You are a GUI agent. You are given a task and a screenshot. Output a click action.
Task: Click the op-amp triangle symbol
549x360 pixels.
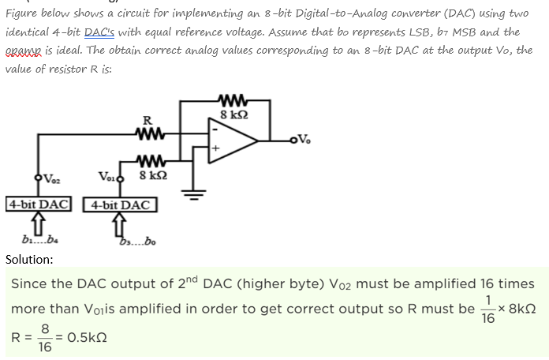230,143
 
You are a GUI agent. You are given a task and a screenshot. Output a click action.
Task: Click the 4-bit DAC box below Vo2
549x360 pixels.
39,203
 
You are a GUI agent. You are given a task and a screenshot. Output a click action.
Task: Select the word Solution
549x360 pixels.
29,259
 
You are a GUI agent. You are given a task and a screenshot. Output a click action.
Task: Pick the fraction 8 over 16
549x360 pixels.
45,339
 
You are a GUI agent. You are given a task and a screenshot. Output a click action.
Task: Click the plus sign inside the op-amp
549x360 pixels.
214,147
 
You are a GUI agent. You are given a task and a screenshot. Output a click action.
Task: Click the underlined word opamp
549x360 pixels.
24,50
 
